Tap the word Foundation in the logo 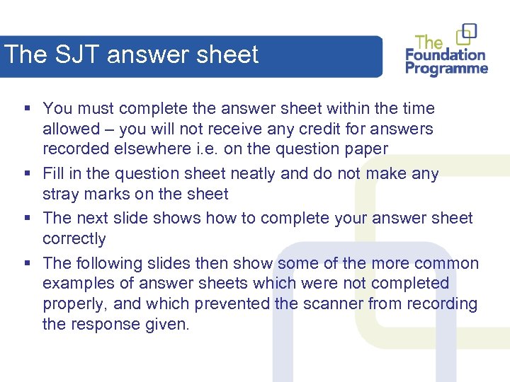[446, 54]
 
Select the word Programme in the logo [446, 69]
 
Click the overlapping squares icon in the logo [467, 33]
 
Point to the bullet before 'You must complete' [26, 108]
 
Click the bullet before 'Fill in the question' [26, 173]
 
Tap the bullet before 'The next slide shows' [26, 218]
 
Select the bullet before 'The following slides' [26, 263]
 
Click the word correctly [74, 238]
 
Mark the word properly [75, 303]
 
